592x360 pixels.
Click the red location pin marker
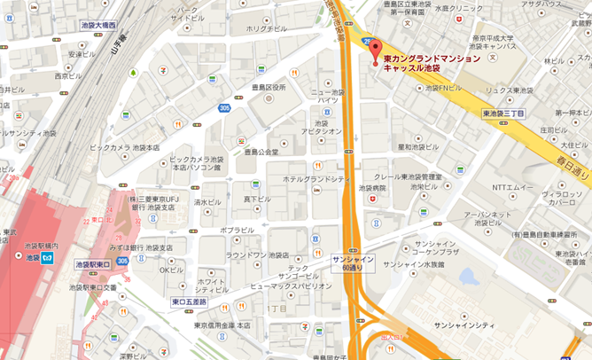click(373, 51)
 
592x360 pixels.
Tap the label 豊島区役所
click(265, 88)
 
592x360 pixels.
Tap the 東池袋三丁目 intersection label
click(503, 114)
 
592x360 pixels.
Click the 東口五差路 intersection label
click(188, 302)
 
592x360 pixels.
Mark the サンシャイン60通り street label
click(352, 264)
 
